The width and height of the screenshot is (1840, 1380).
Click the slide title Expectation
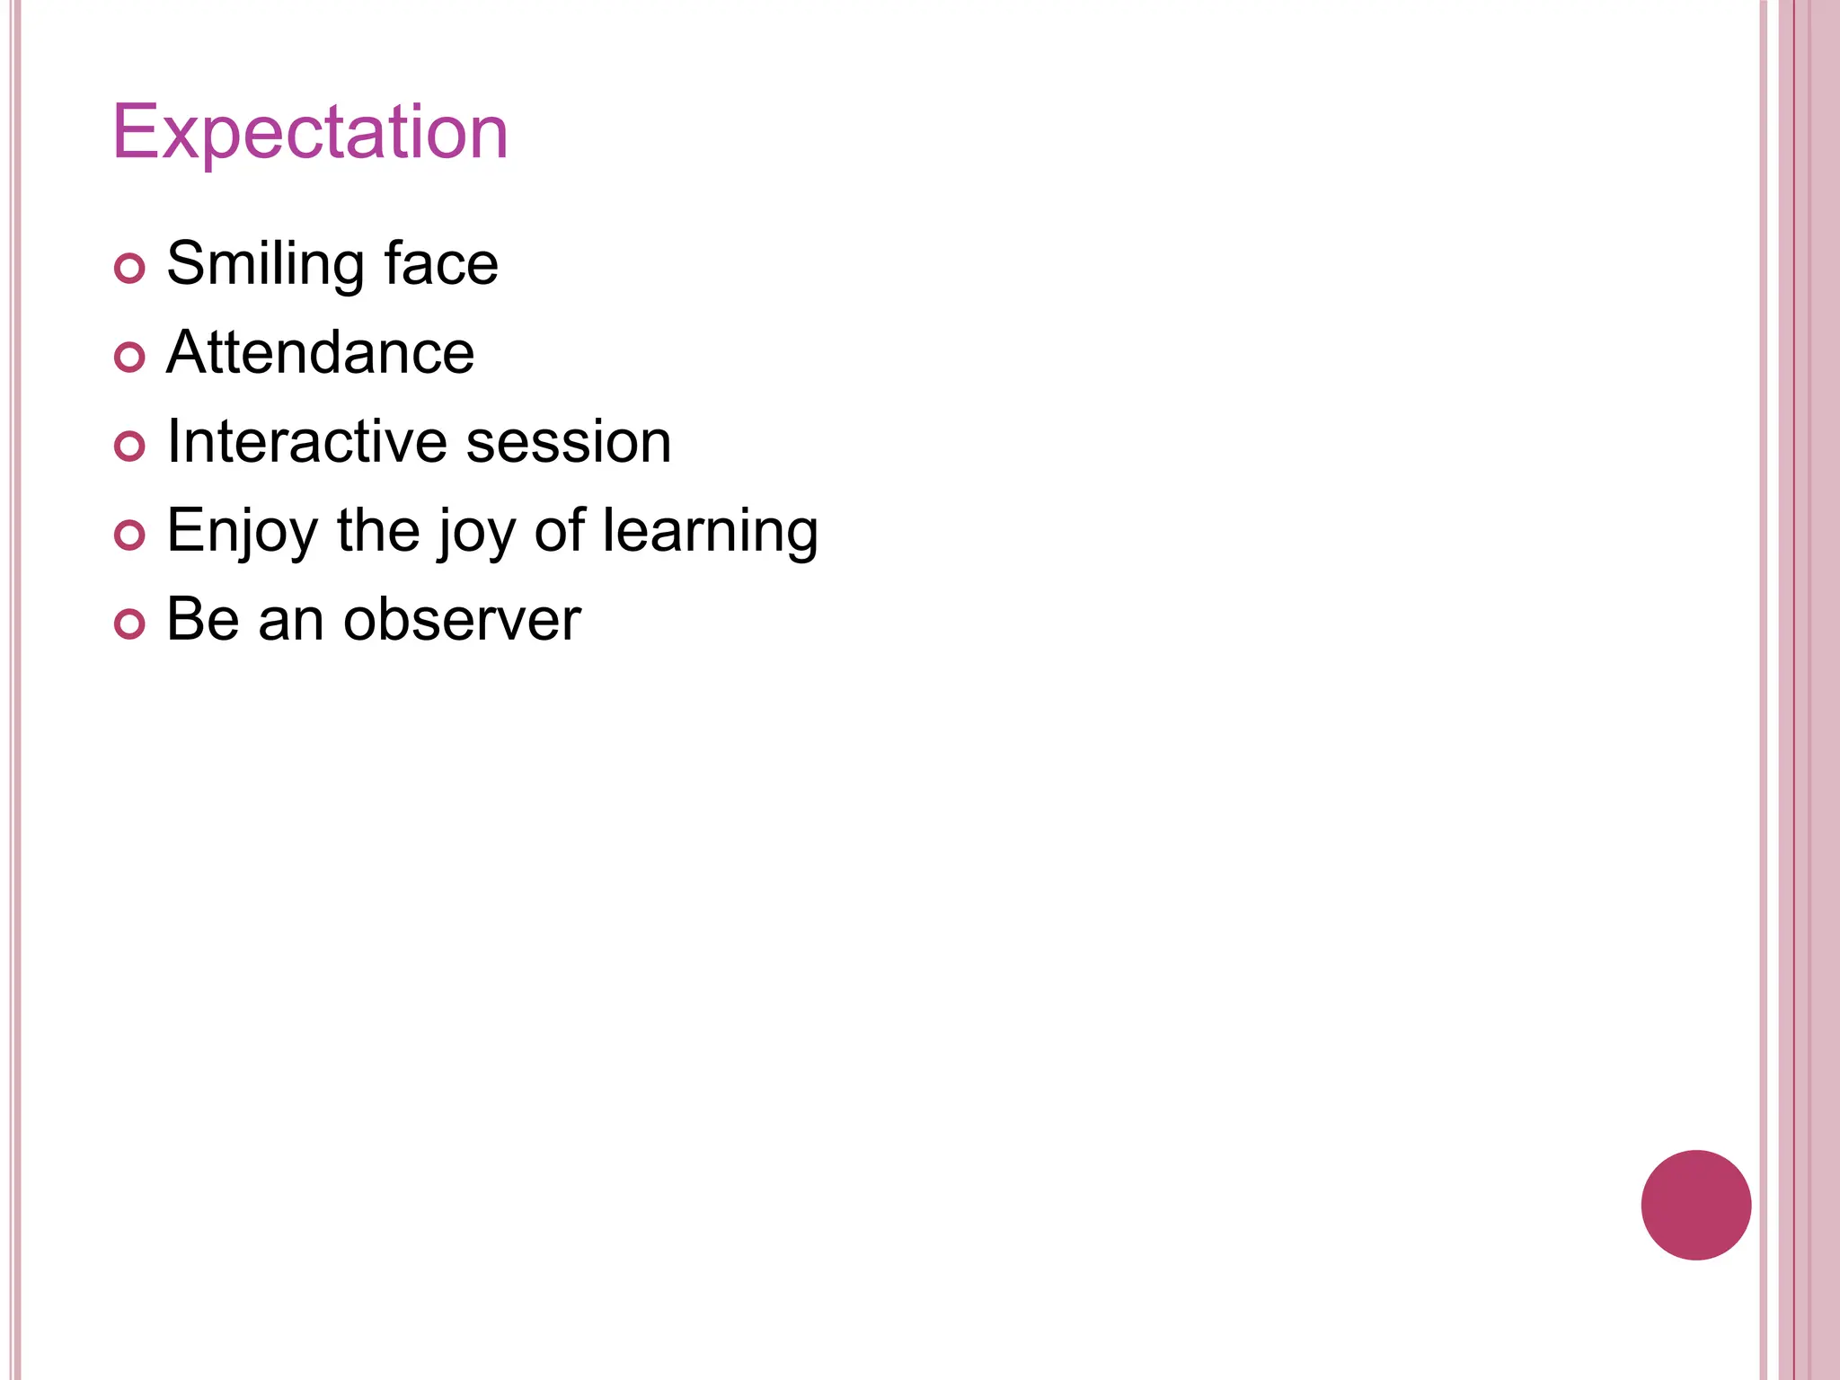(x=310, y=133)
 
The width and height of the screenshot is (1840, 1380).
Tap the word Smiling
(x=265, y=264)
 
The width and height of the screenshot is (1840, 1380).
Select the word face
(x=441, y=264)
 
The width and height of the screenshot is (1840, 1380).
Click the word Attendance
(x=320, y=352)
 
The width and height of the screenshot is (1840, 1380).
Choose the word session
(x=569, y=441)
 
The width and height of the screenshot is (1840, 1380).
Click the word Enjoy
(x=242, y=531)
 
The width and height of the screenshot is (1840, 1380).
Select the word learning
(x=710, y=531)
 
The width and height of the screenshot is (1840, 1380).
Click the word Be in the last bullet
(x=203, y=620)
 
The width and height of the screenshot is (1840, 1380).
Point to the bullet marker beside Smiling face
(x=130, y=269)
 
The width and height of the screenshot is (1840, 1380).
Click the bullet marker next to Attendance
(x=130, y=358)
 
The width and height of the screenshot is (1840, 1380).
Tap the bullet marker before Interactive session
(x=130, y=447)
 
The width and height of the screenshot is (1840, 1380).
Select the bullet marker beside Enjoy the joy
(x=130, y=535)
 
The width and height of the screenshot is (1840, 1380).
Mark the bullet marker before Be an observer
(x=130, y=624)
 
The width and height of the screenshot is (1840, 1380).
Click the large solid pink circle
(x=1695, y=1205)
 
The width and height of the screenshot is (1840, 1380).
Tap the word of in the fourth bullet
(x=559, y=531)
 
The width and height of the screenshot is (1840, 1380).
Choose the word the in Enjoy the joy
(x=378, y=531)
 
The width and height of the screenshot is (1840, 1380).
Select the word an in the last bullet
(x=291, y=620)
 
